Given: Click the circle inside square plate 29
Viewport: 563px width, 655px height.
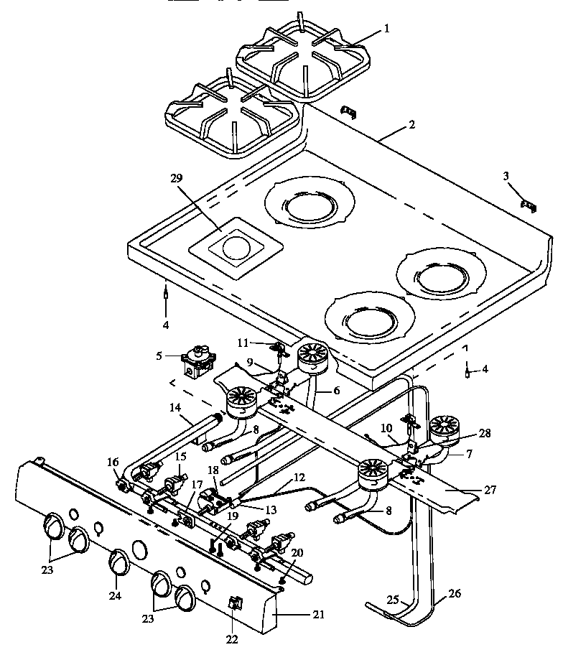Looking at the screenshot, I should click(235, 249).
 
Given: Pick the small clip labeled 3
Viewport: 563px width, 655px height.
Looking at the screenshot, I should click(530, 206).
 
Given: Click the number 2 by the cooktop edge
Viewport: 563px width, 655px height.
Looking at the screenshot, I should click(411, 124).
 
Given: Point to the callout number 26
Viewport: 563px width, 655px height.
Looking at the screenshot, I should click(455, 593).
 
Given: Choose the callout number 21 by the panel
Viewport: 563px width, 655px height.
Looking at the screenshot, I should click(318, 614).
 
